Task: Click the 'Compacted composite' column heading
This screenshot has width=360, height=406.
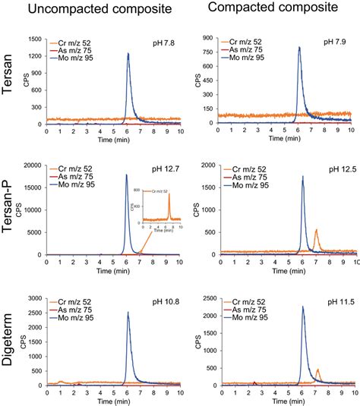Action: [x=274, y=9]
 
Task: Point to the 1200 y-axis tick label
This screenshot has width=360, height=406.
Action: [x=35, y=55]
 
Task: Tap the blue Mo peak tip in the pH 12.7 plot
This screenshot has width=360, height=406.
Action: [x=126, y=175]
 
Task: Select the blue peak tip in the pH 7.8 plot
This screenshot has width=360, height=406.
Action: [x=128, y=53]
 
